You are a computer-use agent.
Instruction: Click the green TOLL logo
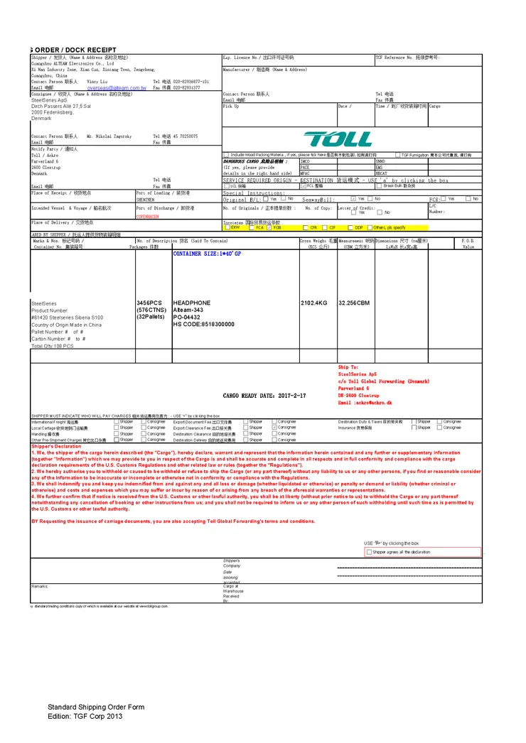point(338,139)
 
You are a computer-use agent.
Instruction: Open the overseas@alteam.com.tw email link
point(117,88)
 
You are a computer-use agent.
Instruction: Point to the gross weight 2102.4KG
point(313,303)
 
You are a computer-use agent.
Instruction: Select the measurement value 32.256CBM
point(354,303)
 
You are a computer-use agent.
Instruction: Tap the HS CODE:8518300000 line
point(203,324)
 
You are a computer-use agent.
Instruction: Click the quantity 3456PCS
point(149,303)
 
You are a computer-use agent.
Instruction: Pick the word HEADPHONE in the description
point(192,303)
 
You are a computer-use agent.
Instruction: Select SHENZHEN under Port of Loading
point(146,200)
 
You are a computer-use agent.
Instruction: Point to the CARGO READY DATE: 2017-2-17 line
point(264,396)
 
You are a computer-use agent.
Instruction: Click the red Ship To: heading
point(348,367)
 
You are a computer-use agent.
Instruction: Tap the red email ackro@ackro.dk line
point(365,403)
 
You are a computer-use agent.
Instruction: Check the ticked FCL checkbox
point(303,185)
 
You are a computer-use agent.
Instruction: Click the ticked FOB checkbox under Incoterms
point(269,228)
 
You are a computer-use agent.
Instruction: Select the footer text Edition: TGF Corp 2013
point(85,716)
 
